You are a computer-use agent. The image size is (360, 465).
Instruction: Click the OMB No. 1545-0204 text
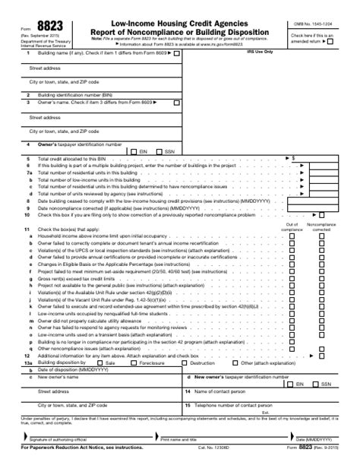click(313, 24)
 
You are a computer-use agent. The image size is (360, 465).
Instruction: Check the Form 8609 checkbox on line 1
click(176, 54)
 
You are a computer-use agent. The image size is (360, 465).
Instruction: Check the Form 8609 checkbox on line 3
click(176, 102)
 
